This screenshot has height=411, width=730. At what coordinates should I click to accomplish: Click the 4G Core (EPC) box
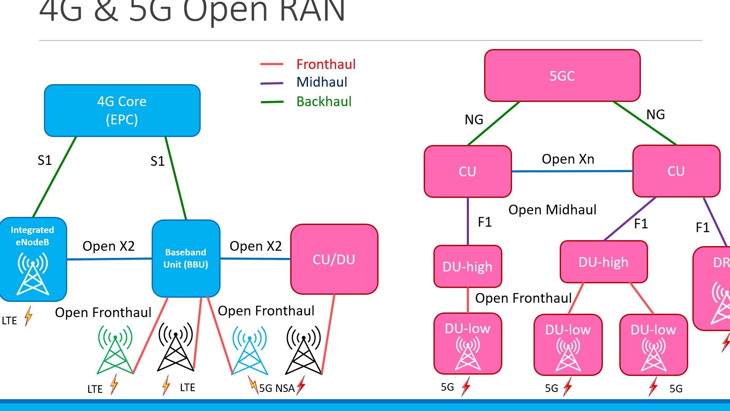click(122, 110)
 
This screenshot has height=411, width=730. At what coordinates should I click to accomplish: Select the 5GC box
click(562, 76)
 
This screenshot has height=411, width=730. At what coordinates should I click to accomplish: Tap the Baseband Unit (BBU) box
click(186, 258)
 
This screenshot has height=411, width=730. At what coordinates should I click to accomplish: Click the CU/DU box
click(334, 259)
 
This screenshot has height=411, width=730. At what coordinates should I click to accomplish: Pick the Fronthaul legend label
click(326, 64)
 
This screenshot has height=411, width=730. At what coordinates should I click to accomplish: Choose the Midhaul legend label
click(321, 82)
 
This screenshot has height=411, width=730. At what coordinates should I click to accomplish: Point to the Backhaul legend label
click(324, 101)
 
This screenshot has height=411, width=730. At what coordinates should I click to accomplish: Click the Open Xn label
click(568, 159)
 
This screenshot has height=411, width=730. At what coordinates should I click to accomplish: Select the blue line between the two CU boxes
click(572, 171)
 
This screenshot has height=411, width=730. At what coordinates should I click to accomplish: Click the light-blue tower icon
click(250, 350)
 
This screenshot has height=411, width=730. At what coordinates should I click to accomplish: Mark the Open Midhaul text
click(552, 210)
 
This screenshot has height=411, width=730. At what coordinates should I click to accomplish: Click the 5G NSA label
click(276, 388)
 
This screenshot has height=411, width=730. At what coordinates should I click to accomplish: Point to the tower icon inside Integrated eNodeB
click(33, 274)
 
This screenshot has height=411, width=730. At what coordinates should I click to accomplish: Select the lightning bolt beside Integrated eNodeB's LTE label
click(28, 316)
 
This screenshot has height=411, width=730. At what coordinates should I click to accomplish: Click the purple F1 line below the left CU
click(468, 221)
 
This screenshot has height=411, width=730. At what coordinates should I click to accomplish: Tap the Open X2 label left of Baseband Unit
click(109, 246)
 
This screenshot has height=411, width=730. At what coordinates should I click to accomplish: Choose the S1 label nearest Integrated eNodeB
click(44, 160)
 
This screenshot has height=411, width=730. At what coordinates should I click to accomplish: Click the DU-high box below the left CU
click(468, 266)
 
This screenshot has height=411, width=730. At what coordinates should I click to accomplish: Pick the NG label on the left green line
click(474, 120)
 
